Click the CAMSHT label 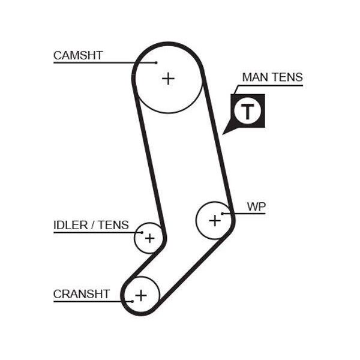pos(78,55)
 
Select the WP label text pos(256,206)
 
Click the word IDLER pos(70,225)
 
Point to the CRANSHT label pos(82,294)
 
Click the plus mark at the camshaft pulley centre pos(168,79)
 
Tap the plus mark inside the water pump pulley pos(215,221)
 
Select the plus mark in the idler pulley pos(149,238)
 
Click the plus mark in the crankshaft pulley pos(141,295)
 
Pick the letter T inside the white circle pos(247,112)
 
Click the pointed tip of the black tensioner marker pos(223,134)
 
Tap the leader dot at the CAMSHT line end pos(156,62)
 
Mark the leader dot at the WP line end pos(222,214)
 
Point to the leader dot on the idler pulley pos(142,233)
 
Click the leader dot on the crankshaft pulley pos(132,301)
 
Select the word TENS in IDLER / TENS pos(113,225)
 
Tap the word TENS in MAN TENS pos(287,77)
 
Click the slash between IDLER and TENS pos(93,225)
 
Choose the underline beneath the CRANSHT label pos(93,301)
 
